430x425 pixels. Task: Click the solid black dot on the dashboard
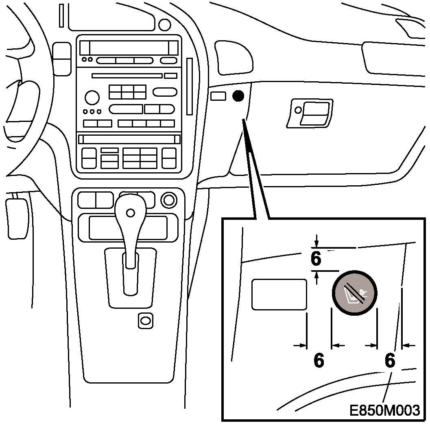pyautogui.click(x=238, y=96)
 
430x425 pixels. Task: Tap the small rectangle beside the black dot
pyautogui.click(x=218, y=96)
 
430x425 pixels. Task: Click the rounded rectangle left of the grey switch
pyautogui.click(x=279, y=295)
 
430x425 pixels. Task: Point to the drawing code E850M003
pyautogui.click(x=384, y=410)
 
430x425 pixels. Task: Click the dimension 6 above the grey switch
pyautogui.click(x=316, y=259)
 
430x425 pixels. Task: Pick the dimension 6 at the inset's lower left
pyautogui.click(x=319, y=360)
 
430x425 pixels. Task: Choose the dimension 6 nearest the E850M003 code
pyautogui.click(x=390, y=360)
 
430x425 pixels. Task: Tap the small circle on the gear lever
pyautogui.click(x=130, y=212)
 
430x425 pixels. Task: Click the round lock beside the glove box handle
pyautogui.click(x=298, y=110)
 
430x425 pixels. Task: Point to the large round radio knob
pyautogui.click(x=92, y=98)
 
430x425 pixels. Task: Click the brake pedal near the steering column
pyautogui.click(x=17, y=218)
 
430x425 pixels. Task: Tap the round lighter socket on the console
pyautogui.click(x=168, y=200)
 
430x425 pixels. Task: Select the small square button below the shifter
pyautogui.click(x=145, y=321)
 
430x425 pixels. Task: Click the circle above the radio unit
pyautogui.click(x=164, y=25)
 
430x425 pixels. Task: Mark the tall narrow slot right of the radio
pyautogui.click(x=189, y=87)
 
